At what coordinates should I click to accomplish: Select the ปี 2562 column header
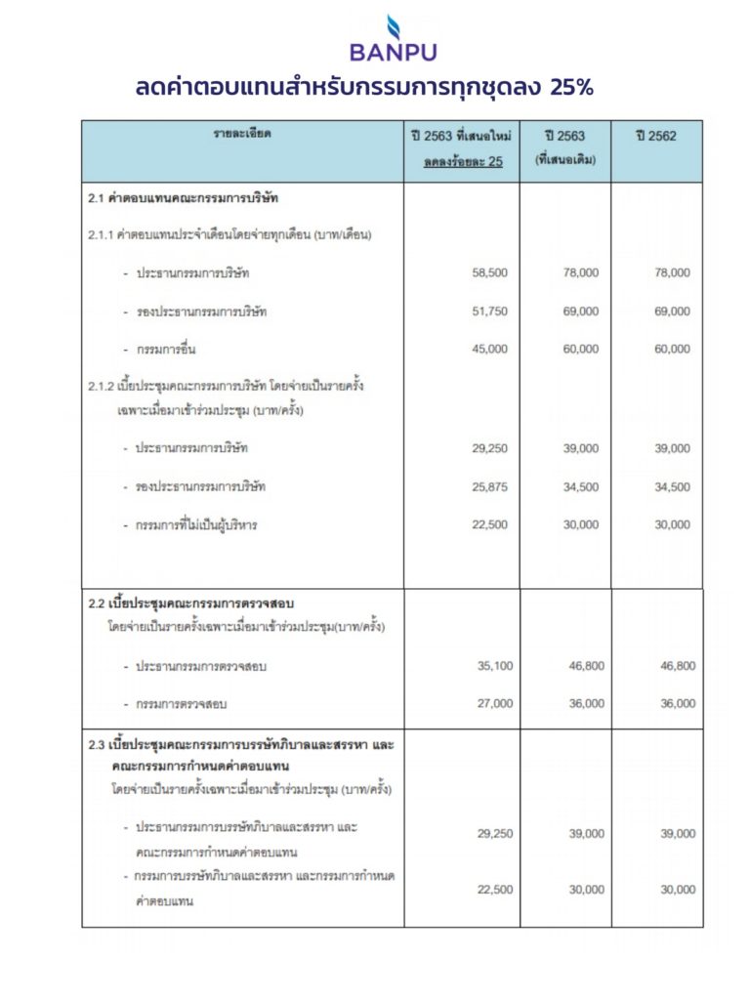655,136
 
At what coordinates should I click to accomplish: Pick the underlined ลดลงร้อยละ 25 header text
463,162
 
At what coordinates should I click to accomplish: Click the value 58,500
489,273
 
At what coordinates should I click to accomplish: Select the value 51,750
489,312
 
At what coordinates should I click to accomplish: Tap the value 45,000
489,349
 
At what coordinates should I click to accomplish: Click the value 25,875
489,486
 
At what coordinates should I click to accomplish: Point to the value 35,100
489,666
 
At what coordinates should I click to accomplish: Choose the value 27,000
489,703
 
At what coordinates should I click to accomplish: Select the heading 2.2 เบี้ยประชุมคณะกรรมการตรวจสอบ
190,603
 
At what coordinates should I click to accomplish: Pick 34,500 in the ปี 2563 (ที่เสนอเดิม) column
581,486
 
